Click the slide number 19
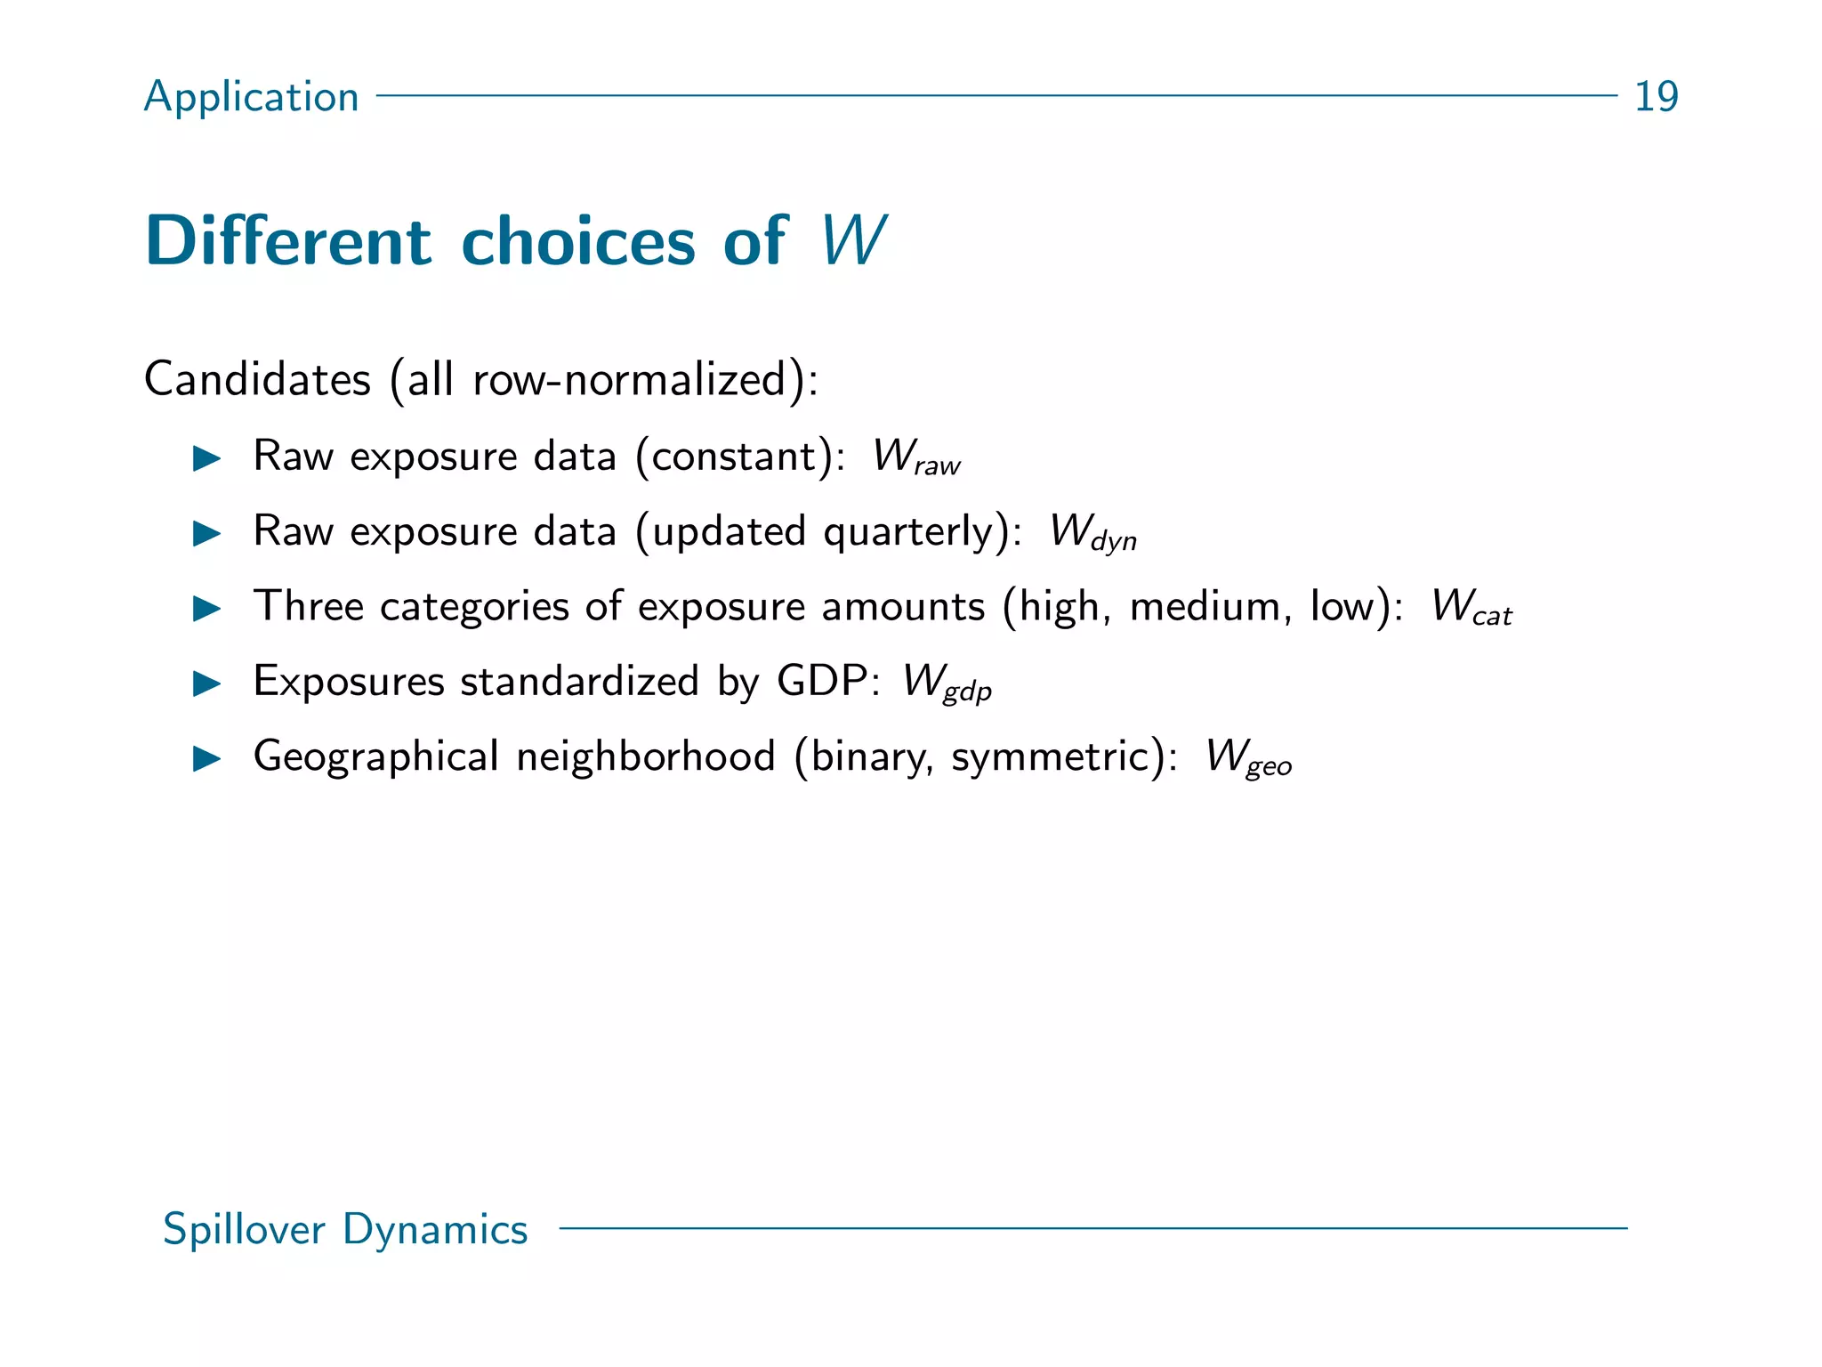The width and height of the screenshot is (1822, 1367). click(x=1656, y=96)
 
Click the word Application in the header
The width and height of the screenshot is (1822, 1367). click(x=251, y=96)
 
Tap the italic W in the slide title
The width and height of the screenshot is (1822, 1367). click(x=851, y=240)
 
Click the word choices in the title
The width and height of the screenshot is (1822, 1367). click(x=577, y=240)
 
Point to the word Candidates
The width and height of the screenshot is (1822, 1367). click(x=257, y=379)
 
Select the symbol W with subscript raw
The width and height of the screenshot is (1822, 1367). click(x=915, y=457)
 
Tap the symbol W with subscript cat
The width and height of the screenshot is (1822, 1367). click(x=1471, y=608)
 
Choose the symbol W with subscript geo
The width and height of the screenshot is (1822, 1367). click(x=1247, y=757)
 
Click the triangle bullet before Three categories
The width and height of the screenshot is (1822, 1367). click(x=207, y=609)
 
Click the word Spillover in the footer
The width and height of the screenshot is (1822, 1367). click(x=244, y=1229)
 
